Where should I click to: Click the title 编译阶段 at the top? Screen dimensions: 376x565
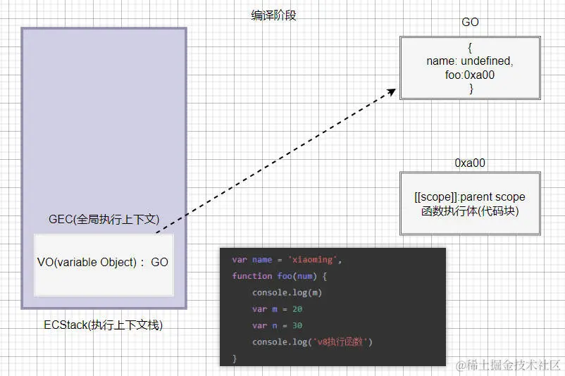pyautogui.click(x=273, y=15)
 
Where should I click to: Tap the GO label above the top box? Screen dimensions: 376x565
pyautogui.click(x=470, y=22)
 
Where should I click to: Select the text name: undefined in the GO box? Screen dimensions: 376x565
pyautogui.click(x=470, y=61)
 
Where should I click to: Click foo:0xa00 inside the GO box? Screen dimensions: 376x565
pyautogui.click(x=470, y=75)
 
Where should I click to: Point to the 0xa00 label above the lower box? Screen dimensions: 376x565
pyautogui.click(x=470, y=163)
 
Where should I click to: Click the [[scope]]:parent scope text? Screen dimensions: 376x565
pyautogui.click(x=470, y=196)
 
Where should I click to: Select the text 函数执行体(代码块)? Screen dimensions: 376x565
pyautogui.click(x=470, y=211)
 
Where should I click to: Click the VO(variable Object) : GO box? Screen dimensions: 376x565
pyautogui.click(x=103, y=263)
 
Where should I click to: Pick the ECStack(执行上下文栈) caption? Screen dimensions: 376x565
pyautogui.click(x=103, y=325)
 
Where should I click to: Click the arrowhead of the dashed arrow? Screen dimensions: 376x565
pyautogui.click(x=391, y=92)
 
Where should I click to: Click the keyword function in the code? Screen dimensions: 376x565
pyautogui.click(x=252, y=276)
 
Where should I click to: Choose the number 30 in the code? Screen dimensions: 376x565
pyautogui.click(x=297, y=325)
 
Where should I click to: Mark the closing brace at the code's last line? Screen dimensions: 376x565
pyautogui.click(x=235, y=358)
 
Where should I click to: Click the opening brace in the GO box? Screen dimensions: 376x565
pyautogui.click(x=470, y=48)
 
